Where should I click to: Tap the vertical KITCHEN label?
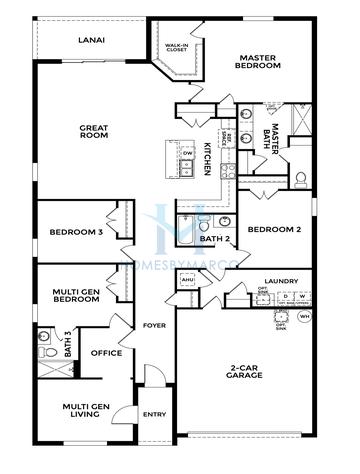(x=207, y=158)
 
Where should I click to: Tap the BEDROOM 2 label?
(x=275, y=230)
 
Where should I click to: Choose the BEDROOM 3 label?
(x=76, y=234)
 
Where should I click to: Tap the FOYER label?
(x=154, y=326)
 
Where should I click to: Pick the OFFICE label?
(x=107, y=352)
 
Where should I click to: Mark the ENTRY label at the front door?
(x=154, y=413)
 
